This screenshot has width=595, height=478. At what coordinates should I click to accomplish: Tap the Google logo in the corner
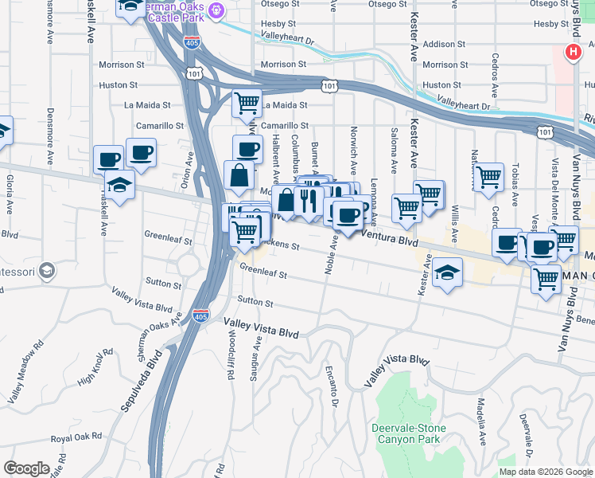[26, 468]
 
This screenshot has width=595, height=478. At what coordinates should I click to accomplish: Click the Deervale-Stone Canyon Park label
[408, 433]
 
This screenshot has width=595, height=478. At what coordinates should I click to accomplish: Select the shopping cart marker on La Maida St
[247, 103]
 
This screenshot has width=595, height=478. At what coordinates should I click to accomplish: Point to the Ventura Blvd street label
[390, 236]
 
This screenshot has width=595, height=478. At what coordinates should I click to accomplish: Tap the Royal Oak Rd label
[76, 437]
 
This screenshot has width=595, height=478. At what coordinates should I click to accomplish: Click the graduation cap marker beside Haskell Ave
[119, 186]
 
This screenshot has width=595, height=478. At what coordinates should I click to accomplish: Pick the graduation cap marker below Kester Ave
[448, 272]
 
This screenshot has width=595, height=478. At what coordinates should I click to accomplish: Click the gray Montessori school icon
[48, 271]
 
